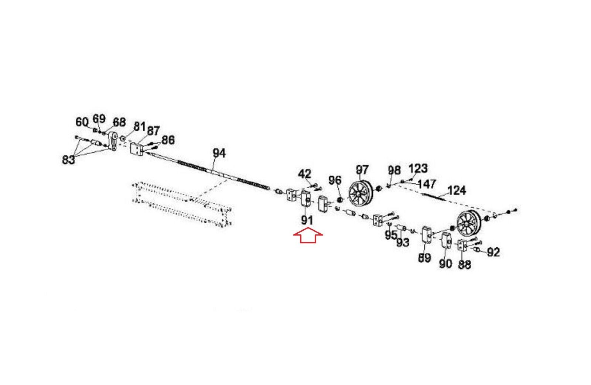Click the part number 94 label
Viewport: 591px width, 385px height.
pyautogui.click(x=219, y=153)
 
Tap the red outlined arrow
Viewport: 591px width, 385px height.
pyautogui.click(x=308, y=237)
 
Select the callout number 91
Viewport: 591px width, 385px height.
pyautogui.click(x=307, y=220)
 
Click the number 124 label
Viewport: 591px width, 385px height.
pyautogui.click(x=457, y=190)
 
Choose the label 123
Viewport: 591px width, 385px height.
pyautogui.click(x=418, y=169)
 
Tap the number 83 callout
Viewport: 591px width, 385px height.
pyautogui.click(x=68, y=159)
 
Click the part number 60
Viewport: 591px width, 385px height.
pyautogui.click(x=82, y=121)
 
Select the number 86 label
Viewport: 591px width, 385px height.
pyautogui.click(x=168, y=140)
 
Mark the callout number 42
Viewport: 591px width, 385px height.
pyautogui.click(x=305, y=173)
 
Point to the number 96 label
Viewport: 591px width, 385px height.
pyautogui.click(x=335, y=181)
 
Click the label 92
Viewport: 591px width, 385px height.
pyautogui.click(x=493, y=252)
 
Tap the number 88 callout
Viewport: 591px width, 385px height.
pyautogui.click(x=464, y=265)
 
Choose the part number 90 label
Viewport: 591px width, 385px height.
pyautogui.click(x=445, y=264)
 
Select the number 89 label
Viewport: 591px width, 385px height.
pyautogui.click(x=424, y=258)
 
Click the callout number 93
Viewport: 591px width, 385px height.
pyautogui.click(x=403, y=242)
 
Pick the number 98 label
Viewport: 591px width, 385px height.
pyautogui.click(x=394, y=170)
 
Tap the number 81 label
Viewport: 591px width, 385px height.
pyautogui.click(x=139, y=126)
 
